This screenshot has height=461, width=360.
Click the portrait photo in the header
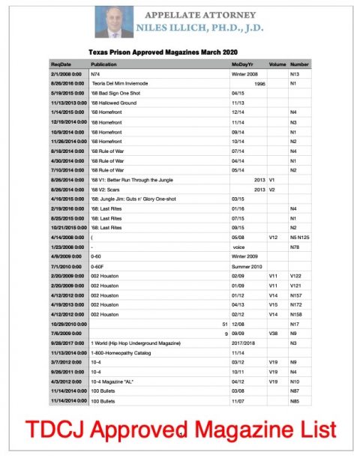(114, 22)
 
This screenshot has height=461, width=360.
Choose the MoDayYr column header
(244, 65)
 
